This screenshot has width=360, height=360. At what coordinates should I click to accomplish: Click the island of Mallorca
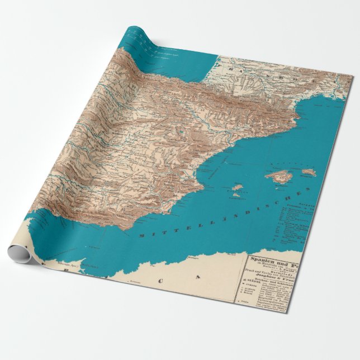point(280,177)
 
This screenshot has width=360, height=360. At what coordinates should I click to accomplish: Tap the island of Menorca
point(308,173)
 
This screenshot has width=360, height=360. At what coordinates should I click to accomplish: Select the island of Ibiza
point(237,187)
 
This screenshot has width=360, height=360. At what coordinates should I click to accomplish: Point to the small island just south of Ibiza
point(235,196)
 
